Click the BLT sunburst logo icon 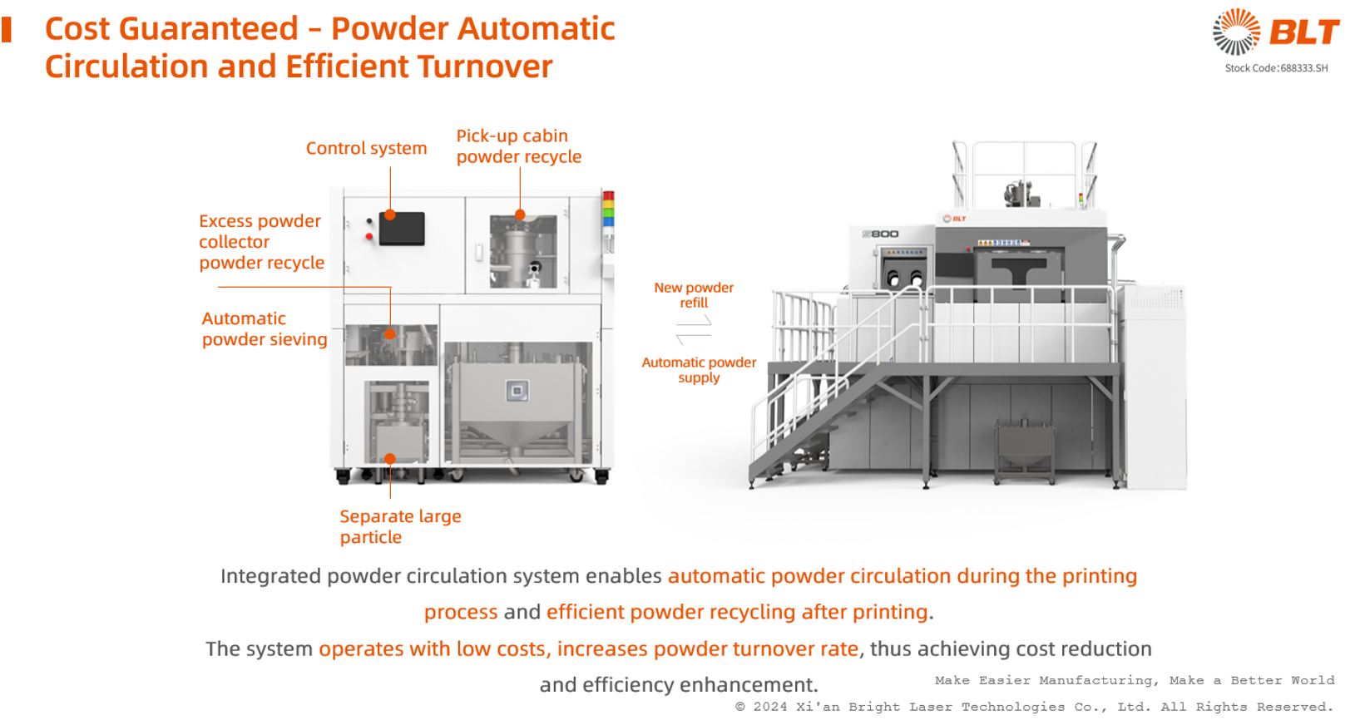pos(1236,32)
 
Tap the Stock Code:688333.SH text pos(1276,68)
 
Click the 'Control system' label pos(366,148)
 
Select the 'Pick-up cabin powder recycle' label pos(518,146)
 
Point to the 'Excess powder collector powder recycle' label pos(261,241)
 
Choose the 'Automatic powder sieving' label pos(265,329)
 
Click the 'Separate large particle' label pos(400,526)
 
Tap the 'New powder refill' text pos(694,295)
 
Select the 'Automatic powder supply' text pos(699,370)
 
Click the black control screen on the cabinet pos(402,229)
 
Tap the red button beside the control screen pos(369,236)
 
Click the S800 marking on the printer pos(881,234)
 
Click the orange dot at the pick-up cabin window pos(520,215)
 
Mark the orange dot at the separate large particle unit pos(390,458)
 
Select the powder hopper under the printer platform pos(1024,450)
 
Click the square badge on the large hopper pos(517,390)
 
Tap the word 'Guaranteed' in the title pos(209,28)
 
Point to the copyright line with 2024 pos(1034,707)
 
